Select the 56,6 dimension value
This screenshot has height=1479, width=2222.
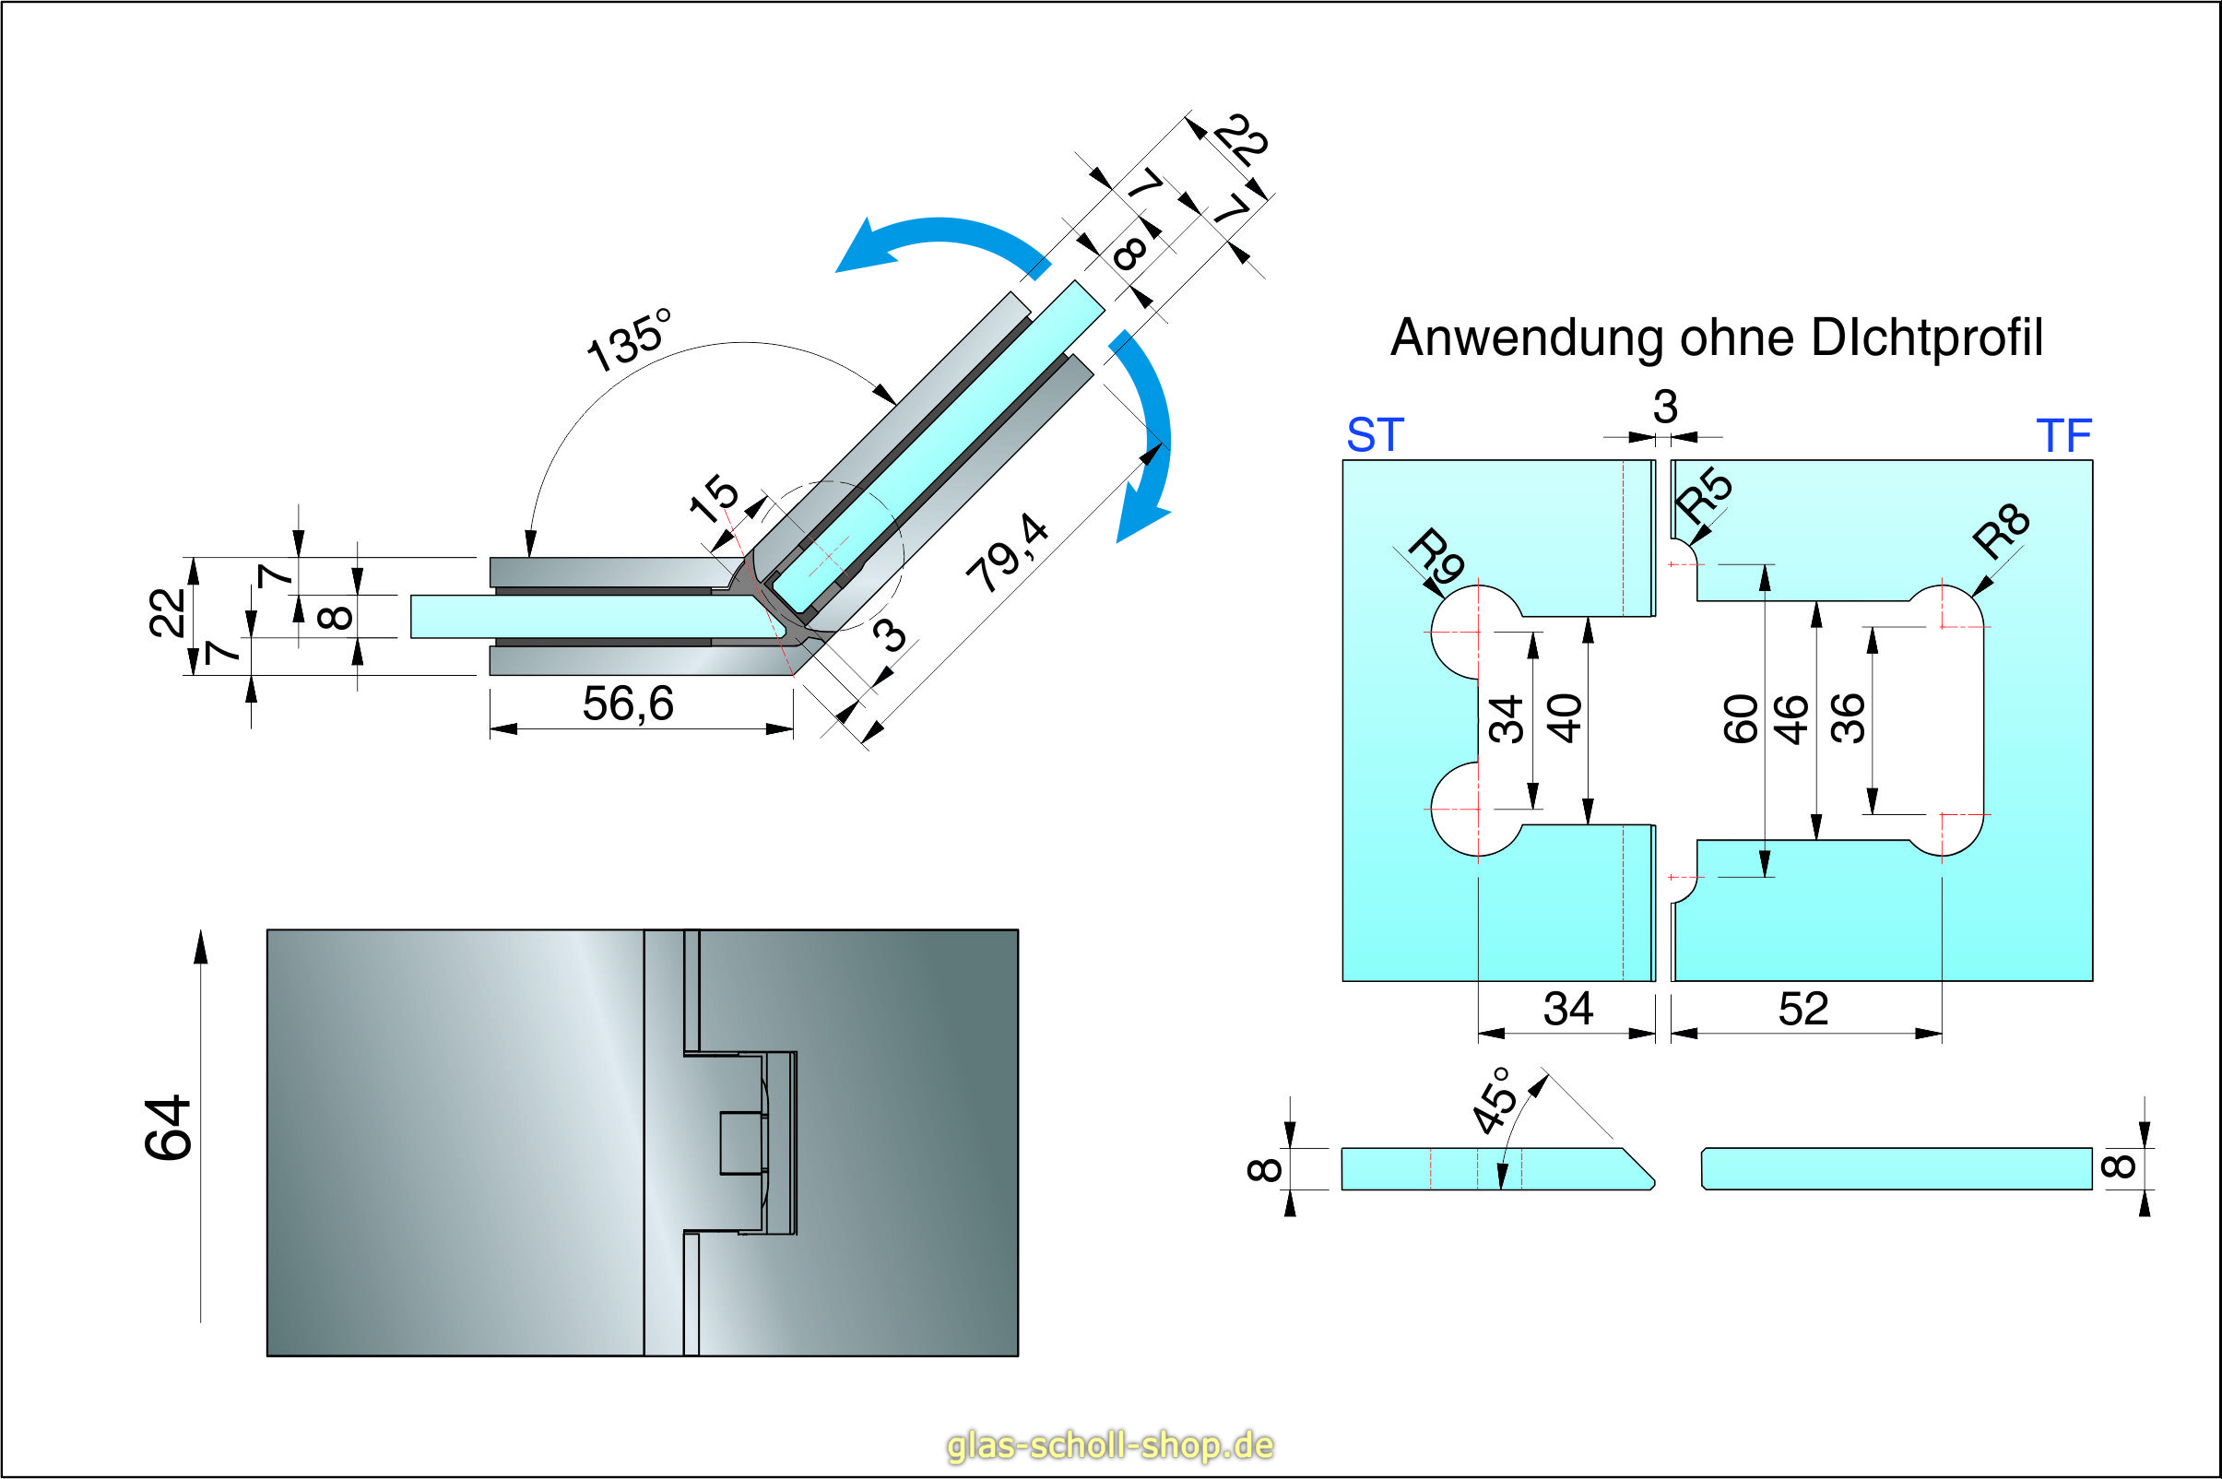click(x=628, y=704)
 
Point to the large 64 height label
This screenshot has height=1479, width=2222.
click(x=169, y=1128)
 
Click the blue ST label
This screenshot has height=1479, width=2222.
click(x=1374, y=436)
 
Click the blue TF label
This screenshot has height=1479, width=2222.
click(x=2063, y=436)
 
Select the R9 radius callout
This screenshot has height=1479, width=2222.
click(x=1436, y=557)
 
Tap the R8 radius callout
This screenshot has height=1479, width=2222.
click(x=2000, y=531)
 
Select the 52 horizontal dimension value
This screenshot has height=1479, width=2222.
click(x=1803, y=1010)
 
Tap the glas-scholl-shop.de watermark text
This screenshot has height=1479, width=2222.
click(x=1110, y=1445)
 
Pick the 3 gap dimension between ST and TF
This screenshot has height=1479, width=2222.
click(x=1664, y=408)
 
